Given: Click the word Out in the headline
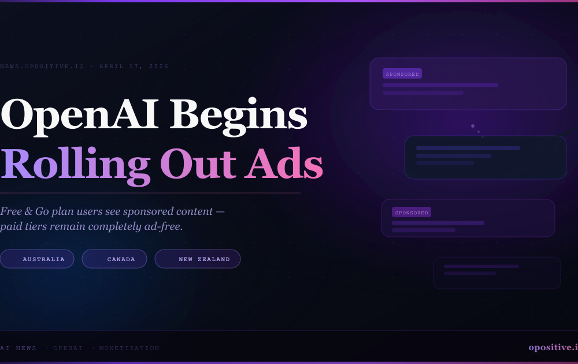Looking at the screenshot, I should [x=198, y=164].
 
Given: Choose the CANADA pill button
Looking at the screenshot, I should [x=114, y=259].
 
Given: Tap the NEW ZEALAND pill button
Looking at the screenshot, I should [x=198, y=259].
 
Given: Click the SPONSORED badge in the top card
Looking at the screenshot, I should [x=402, y=74].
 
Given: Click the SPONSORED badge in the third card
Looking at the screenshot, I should [x=412, y=213].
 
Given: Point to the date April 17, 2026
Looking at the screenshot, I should [x=134, y=66].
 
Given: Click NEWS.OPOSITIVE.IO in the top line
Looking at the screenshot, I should [x=42, y=66].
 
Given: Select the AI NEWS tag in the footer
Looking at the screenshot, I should [x=18, y=348].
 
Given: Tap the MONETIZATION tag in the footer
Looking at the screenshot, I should [x=129, y=348].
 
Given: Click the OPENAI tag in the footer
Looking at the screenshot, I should [x=68, y=348].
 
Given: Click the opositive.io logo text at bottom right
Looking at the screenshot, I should [x=553, y=347].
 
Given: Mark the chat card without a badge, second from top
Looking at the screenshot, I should [x=485, y=157].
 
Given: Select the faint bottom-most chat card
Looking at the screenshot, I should [x=497, y=273].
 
